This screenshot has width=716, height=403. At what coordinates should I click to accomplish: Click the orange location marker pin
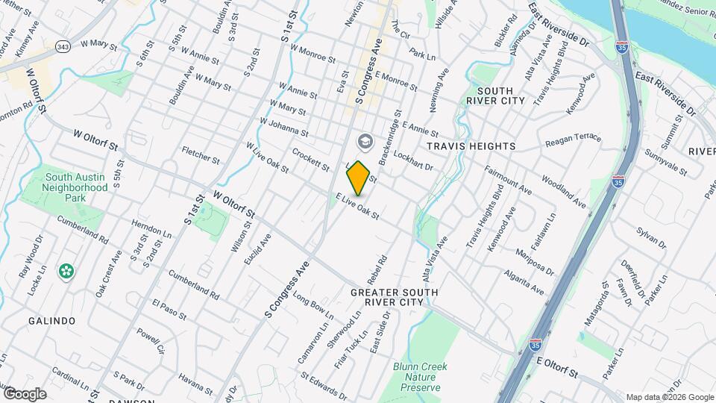point(359,178)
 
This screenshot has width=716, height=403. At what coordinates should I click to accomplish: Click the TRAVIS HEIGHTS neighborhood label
point(471,146)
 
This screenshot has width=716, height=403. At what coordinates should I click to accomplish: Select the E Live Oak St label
point(357,206)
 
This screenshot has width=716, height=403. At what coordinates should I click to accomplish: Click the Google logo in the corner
point(25,393)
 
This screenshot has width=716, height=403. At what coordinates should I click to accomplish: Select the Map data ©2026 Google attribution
point(669,397)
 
